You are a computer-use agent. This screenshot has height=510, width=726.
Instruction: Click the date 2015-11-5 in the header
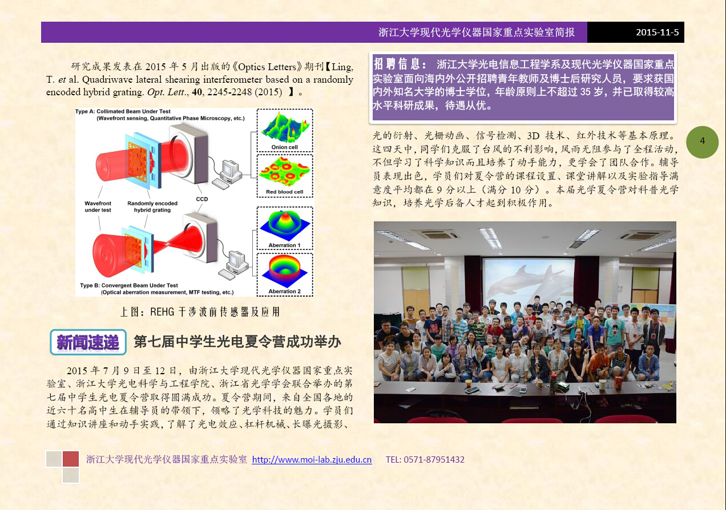coord(657,33)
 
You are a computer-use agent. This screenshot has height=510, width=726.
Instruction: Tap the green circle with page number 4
coord(703,142)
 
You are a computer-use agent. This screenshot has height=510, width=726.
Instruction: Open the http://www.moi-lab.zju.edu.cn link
coord(312,459)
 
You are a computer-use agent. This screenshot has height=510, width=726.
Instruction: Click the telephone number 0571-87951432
coord(434,459)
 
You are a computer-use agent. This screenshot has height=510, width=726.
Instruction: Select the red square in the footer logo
coord(71,459)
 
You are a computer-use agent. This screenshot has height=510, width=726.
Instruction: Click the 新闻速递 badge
coord(88,342)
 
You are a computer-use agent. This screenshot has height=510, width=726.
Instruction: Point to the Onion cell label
coord(284,147)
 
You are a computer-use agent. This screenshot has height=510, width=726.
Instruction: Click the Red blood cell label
coord(285,192)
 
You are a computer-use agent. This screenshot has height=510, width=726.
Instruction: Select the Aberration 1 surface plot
coord(285,226)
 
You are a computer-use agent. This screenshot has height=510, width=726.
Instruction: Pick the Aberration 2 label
coord(285,292)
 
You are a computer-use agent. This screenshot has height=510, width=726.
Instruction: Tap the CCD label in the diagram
coord(201,199)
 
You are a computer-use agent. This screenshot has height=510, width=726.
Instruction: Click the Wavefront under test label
coord(98,207)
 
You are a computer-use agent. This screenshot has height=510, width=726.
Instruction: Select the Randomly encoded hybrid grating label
coord(152,207)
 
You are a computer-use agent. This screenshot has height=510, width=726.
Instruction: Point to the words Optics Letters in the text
coord(267,67)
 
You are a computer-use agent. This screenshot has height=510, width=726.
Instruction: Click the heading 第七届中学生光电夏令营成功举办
coord(237,342)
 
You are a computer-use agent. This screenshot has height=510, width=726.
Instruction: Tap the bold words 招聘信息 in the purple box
coord(397,64)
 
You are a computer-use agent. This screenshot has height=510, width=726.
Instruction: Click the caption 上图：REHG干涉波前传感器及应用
coord(200,311)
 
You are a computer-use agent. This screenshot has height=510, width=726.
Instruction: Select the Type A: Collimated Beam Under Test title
coord(123,111)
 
